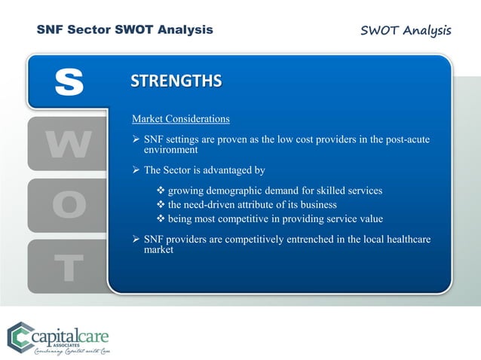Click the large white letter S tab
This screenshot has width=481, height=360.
point(69,83)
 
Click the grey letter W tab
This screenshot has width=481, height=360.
point(69,144)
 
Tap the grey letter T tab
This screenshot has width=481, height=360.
point(69,266)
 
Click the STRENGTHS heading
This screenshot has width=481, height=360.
point(176,81)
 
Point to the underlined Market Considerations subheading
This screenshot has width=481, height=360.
point(181,119)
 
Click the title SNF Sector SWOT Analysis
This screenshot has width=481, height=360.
point(125,30)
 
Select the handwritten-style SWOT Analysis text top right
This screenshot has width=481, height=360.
point(406,30)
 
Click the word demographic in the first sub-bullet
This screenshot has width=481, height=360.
point(240,191)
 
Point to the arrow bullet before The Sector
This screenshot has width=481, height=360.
point(136,170)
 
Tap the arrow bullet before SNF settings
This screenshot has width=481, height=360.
point(136,140)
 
